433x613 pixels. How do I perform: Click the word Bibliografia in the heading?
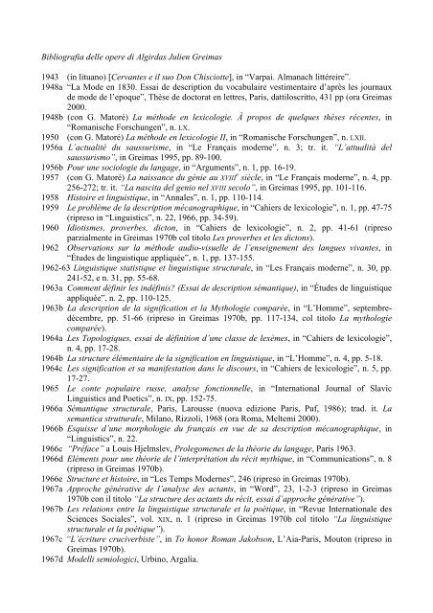tap(57, 47)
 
